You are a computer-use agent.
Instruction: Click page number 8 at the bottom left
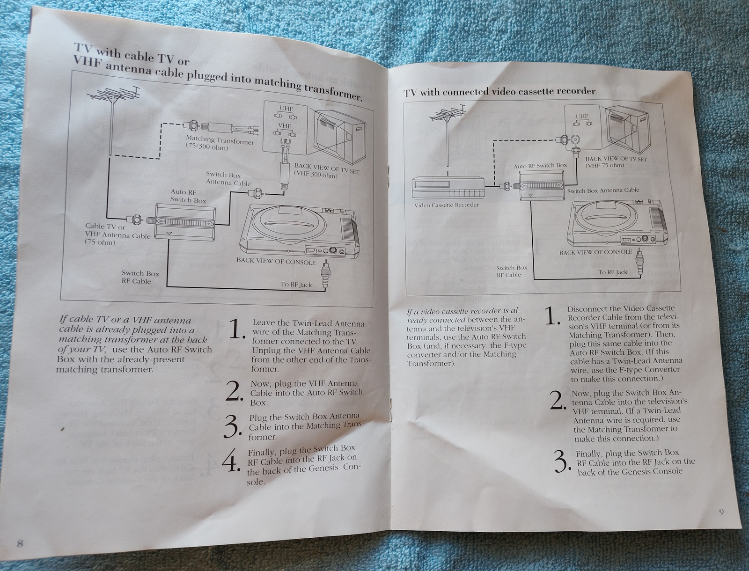tap(20, 543)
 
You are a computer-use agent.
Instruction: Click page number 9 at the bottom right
tap(721, 512)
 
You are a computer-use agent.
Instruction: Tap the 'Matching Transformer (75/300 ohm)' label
tap(219, 143)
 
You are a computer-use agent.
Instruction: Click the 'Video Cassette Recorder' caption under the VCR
tap(446, 205)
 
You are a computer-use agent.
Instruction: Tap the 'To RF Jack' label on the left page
tap(296, 284)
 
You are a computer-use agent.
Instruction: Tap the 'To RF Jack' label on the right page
tap(612, 272)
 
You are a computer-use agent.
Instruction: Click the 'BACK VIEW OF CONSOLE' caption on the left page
tap(276, 261)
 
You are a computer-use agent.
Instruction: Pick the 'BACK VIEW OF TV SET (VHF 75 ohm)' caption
tap(615, 162)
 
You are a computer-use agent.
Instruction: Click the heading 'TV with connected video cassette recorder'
tap(499, 92)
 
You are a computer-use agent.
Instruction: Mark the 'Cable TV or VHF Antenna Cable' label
tap(117, 234)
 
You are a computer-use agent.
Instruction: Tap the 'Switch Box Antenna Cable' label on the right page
tap(602, 190)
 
